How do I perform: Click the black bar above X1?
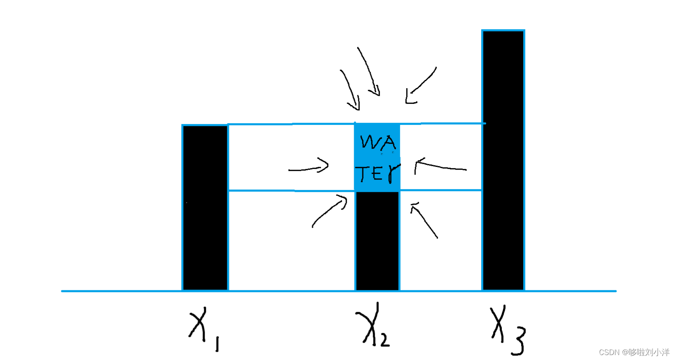[205, 208]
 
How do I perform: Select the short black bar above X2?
[377, 241]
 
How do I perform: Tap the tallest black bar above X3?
[503, 160]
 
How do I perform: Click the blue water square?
[377, 157]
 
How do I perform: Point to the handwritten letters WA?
[378, 142]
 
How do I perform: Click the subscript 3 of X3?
[518, 341]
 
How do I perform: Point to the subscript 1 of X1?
[217, 344]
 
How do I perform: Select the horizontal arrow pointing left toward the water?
[440, 166]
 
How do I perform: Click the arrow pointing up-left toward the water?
[424, 220]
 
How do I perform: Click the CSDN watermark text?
[634, 352]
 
